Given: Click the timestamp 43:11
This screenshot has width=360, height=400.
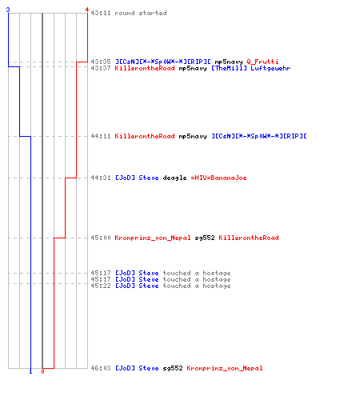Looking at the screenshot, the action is tap(101, 13).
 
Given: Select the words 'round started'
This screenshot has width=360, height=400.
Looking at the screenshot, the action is tap(141, 13).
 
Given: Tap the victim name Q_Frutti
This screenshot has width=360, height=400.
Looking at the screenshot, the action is tap(262, 62).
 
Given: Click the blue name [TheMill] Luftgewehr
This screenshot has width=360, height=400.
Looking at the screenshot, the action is tap(251, 68).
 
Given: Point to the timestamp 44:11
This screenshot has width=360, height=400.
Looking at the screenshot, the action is tap(101, 136).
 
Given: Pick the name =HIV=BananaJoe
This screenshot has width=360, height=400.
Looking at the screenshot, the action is tap(218, 178).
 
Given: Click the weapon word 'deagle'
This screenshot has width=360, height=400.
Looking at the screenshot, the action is tap(174, 178).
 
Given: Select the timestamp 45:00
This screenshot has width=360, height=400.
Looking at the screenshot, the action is tap(101, 238).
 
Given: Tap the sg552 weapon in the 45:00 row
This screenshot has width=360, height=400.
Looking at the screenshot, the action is tap(205, 238).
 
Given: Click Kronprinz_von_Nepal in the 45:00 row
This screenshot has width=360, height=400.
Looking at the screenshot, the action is tap(153, 238).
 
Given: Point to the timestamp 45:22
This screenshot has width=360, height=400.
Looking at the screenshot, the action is tap(101, 286).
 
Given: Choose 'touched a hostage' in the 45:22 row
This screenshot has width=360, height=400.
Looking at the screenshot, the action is tap(197, 286).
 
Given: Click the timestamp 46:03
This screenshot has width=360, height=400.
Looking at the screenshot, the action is tap(101, 368).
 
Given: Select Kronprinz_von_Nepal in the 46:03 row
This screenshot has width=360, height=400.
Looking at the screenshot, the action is tap(225, 368).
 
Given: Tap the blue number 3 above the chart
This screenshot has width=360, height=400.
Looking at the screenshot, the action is tap(8, 10).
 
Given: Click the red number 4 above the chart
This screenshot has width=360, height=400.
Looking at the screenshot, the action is tap(87, 10).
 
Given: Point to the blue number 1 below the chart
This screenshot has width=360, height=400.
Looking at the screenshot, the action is tap(30, 371).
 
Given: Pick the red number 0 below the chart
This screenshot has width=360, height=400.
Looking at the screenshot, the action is tap(42, 371).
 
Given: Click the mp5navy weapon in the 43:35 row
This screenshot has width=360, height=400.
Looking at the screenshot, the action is tap(229, 62).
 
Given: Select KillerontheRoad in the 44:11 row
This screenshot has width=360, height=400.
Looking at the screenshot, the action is tap(145, 136).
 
